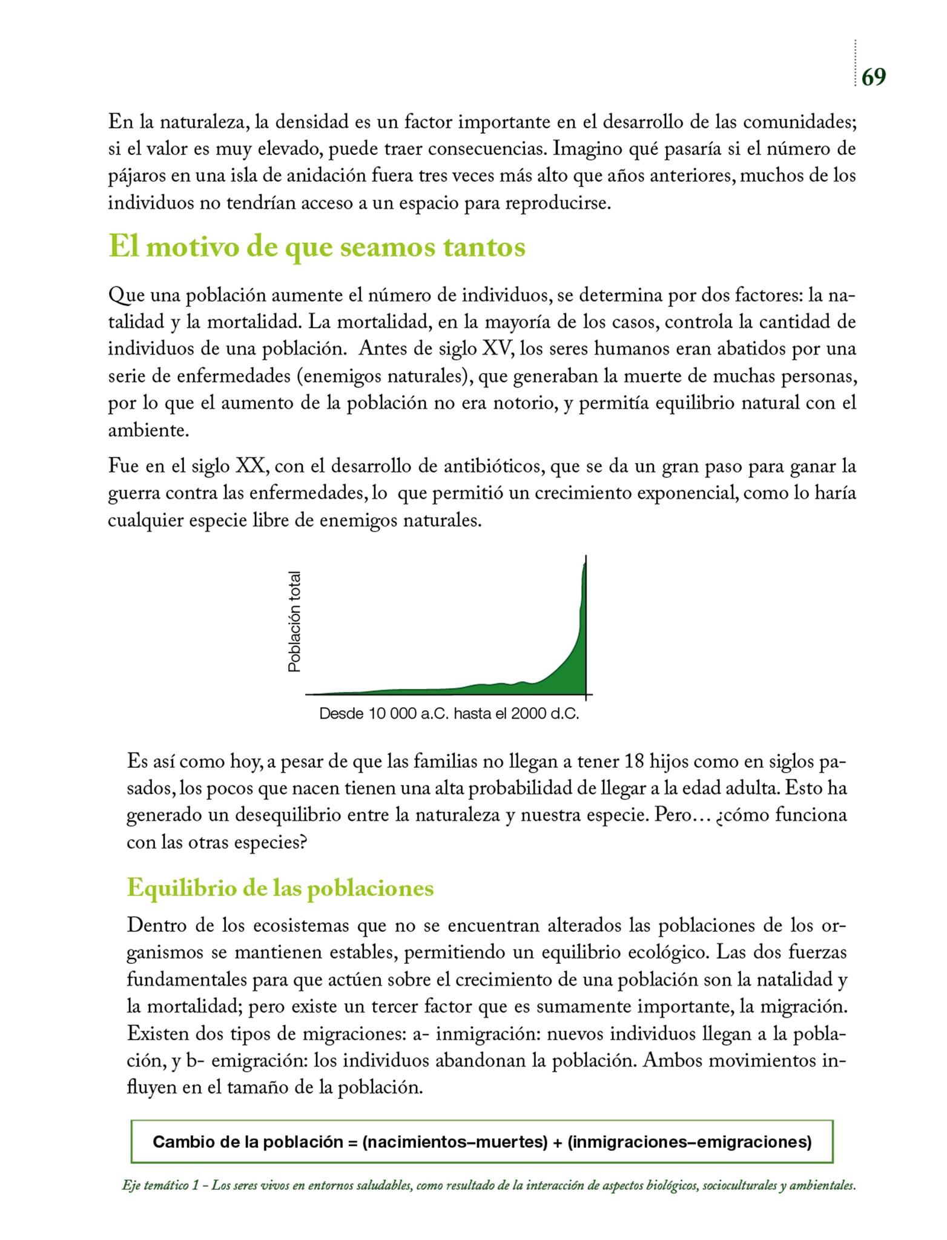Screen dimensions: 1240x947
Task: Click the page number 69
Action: coord(873,77)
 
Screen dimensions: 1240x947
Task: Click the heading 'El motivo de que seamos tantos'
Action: coord(317,247)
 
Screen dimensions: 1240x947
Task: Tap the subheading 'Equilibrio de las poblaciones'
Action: coord(280,888)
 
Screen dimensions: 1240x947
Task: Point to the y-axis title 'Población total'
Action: coord(294,621)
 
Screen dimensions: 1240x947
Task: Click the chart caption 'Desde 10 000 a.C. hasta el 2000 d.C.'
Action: coord(449,714)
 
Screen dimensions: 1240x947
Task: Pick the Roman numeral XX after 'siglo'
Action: coord(248,466)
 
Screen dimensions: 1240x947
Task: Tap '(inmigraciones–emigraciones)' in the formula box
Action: coord(690,1142)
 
